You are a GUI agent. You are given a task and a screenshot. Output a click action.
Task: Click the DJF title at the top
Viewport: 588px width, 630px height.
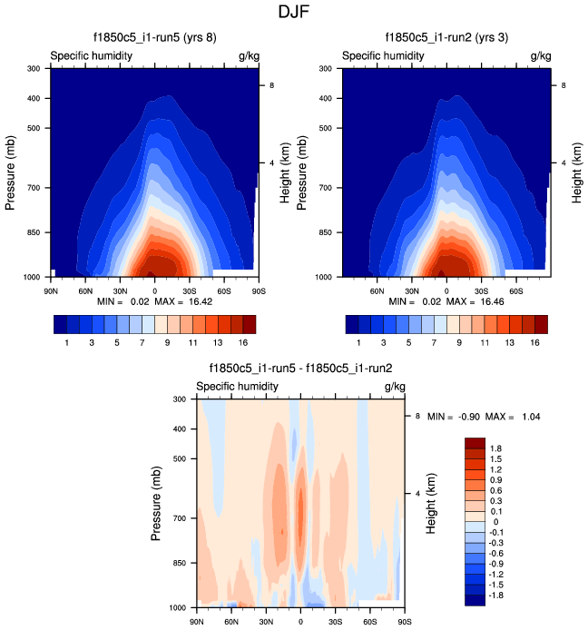coord(294,13)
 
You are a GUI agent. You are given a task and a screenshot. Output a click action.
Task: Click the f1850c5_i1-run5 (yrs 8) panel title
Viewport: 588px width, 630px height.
coord(154,38)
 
